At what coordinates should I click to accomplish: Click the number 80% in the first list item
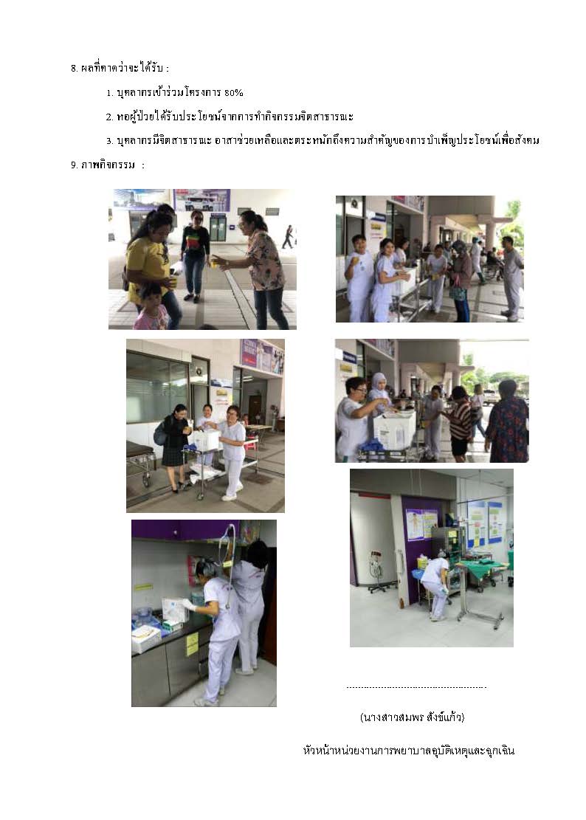tap(234, 92)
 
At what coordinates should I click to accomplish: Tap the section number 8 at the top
tap(75, 68)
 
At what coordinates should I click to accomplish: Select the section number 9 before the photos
tap(75, 165)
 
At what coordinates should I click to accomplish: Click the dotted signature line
tap(417, 687)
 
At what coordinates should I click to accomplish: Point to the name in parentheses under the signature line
tap(412, 717)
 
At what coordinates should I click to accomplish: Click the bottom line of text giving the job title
tap(409, 751)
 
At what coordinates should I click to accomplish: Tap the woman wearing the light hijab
tap(379, 392)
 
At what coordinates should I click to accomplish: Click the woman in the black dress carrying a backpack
tap(174, 448)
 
